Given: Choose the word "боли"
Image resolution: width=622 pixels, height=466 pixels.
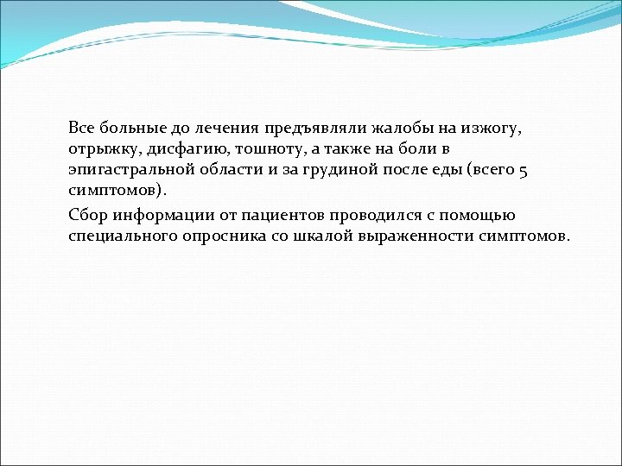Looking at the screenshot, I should tap(412, 149).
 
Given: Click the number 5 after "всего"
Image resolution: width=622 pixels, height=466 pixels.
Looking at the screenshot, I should tap(522, 170).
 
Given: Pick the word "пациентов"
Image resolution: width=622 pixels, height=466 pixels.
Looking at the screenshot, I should tap(281, 215).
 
